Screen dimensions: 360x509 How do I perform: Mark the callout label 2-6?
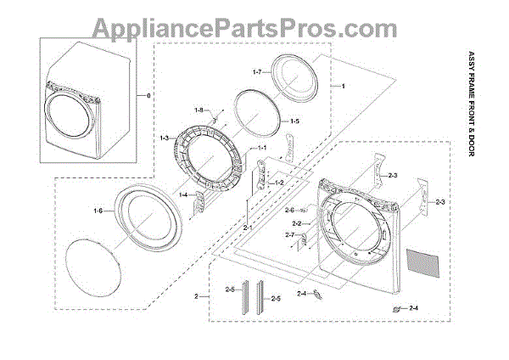pos(289,211)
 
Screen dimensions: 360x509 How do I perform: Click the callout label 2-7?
pos(289,235)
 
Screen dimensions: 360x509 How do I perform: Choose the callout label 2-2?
pos(296,222)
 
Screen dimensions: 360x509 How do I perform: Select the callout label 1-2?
pos(277,183)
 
